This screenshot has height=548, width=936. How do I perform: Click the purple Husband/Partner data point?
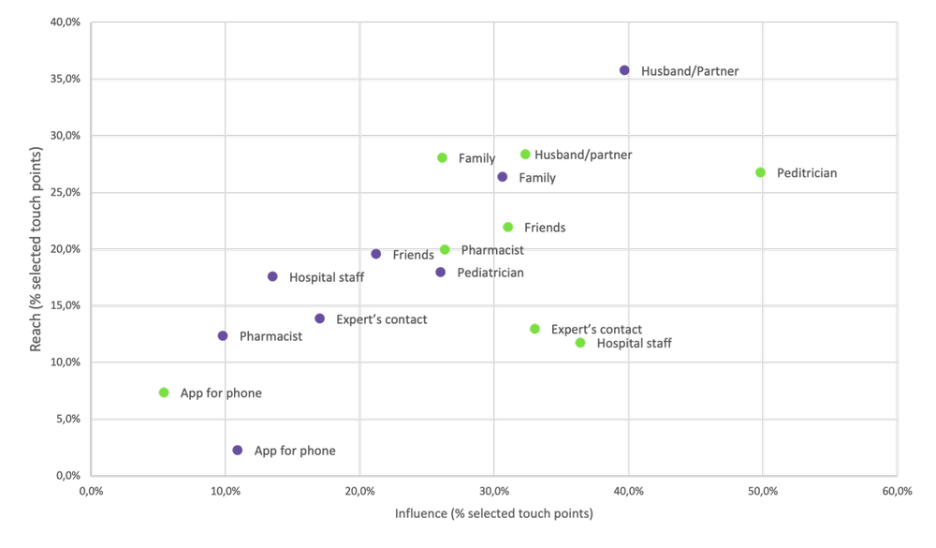(x=624, y=70)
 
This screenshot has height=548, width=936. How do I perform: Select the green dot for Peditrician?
(x=760, y=172)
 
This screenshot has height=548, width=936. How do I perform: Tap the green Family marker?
(x=442, y=157)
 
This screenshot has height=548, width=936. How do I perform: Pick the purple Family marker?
(x=502, y=177)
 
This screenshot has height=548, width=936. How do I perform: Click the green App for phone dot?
(x=164, y=392)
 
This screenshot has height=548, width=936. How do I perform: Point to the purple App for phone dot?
(x=238, y=451)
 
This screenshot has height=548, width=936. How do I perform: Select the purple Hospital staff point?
(x=272, y=276)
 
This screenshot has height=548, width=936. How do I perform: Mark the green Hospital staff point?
(x=580, y=343)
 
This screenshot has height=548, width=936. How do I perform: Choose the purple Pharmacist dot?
(x=223, y=335)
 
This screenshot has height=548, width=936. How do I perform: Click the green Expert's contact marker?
(x=534, y=329)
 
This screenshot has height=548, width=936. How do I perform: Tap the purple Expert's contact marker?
(x=320, y=318)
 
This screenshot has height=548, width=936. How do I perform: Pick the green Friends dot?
(x=508, y=227)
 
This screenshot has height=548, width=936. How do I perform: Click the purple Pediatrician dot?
(x=441, y=272)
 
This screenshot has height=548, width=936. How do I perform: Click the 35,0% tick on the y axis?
(x=66, y=80)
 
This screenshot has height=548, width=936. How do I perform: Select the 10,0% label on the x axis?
(x=225, y=491)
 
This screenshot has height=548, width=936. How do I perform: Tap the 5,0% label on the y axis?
(x=67, y=420)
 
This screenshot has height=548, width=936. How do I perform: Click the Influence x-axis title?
(x=493, y=514)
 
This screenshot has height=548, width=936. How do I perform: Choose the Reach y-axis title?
(x=37, y=249)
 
